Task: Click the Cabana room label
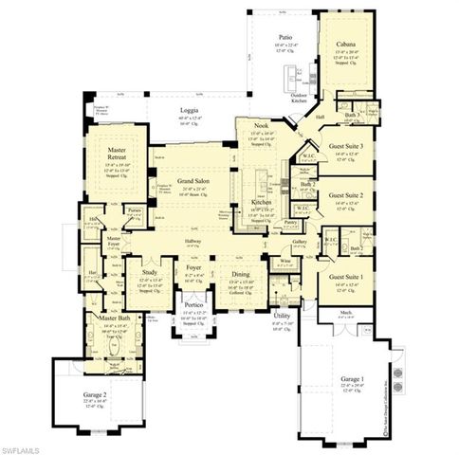[x=346, y=43]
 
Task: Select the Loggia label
[x=190, y=111]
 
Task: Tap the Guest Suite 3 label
[x=347, y=146]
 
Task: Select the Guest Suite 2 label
[x=347, y=197]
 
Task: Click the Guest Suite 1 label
[x=347, y=276]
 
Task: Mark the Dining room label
[x=241, y=274]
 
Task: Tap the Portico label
[x=194, y=305]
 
